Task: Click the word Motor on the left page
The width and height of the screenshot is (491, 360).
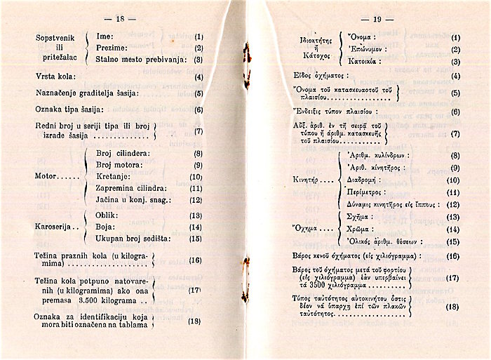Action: click(x=46, y=176)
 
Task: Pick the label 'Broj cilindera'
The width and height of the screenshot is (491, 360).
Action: click(x=123, y=152)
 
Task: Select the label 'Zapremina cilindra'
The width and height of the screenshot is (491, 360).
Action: click(x=131, y=188)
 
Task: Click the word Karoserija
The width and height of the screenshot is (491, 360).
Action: click(x=55, y=227)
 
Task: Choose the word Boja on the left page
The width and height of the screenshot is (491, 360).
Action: click(x=105, y=227)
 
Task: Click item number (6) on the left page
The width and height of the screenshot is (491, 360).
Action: click(x=199, y=109)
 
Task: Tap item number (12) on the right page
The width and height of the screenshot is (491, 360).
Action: click(x=452, y=205)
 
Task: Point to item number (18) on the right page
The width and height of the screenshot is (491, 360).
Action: click(x=452, y=307)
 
